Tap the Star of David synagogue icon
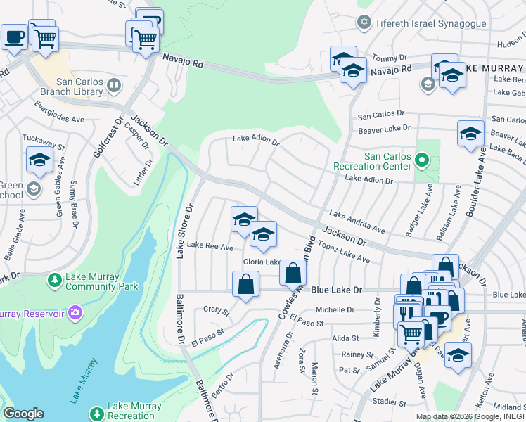click(x=364, y=23)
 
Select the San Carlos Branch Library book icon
click(x=113, y=86)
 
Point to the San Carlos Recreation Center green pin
click(x=421, y=160)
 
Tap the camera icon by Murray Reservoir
click(x=76, y=312)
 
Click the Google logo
click(x=23, y=413)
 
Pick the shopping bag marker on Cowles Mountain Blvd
click(x=293, y=271)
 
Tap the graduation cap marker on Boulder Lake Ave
click(x=470, y=133)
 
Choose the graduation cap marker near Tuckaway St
click(x=39, y=160)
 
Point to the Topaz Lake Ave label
click(x=345, y=254)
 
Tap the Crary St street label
click(x=216, y=309)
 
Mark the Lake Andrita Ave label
click(x=357, y=222)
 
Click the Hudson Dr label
click(x=511, y=44)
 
